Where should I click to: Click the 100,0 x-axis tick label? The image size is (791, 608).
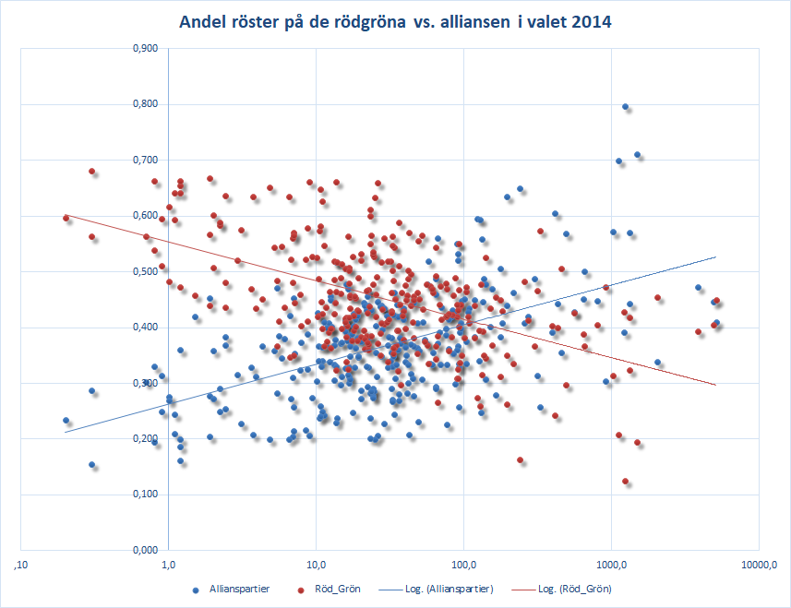coord(463,564)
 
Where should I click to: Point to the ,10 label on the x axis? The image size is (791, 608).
coord(19,564)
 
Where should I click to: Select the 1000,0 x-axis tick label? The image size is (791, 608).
coord(611,564)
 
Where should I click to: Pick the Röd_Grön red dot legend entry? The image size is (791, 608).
coord(336,589)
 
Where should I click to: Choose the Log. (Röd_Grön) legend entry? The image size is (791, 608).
coord(572,589)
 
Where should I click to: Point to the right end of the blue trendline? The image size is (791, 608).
coord(715,257)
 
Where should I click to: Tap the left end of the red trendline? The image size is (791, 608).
coord(66,216)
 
